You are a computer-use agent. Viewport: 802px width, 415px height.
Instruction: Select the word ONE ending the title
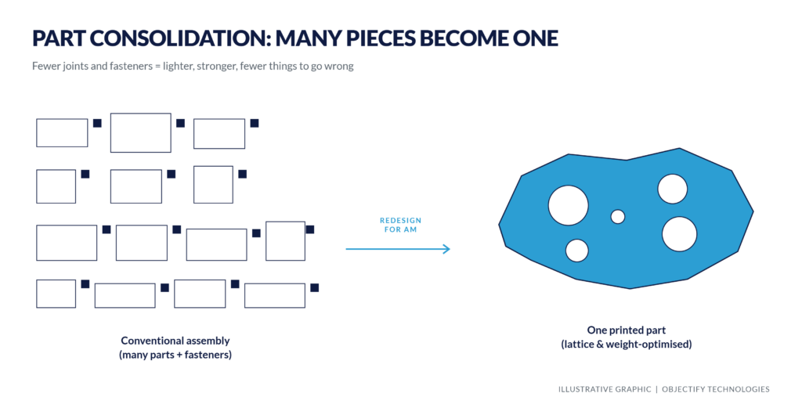pyautogui.click(x=534, y=38)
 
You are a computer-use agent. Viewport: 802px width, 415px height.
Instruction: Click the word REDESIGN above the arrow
pyautogui.click(x=400, y=220)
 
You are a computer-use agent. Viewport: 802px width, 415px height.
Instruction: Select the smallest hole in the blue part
pyautogui.click(x=618, y=217)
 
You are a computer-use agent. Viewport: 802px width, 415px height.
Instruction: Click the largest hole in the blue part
pyautogui.click(x=569, y=205)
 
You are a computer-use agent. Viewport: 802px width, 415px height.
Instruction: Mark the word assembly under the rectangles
pyautogui.click(x=208, y=341)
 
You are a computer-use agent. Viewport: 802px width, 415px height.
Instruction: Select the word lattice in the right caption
pyautogui.click(x=580, y=345)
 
